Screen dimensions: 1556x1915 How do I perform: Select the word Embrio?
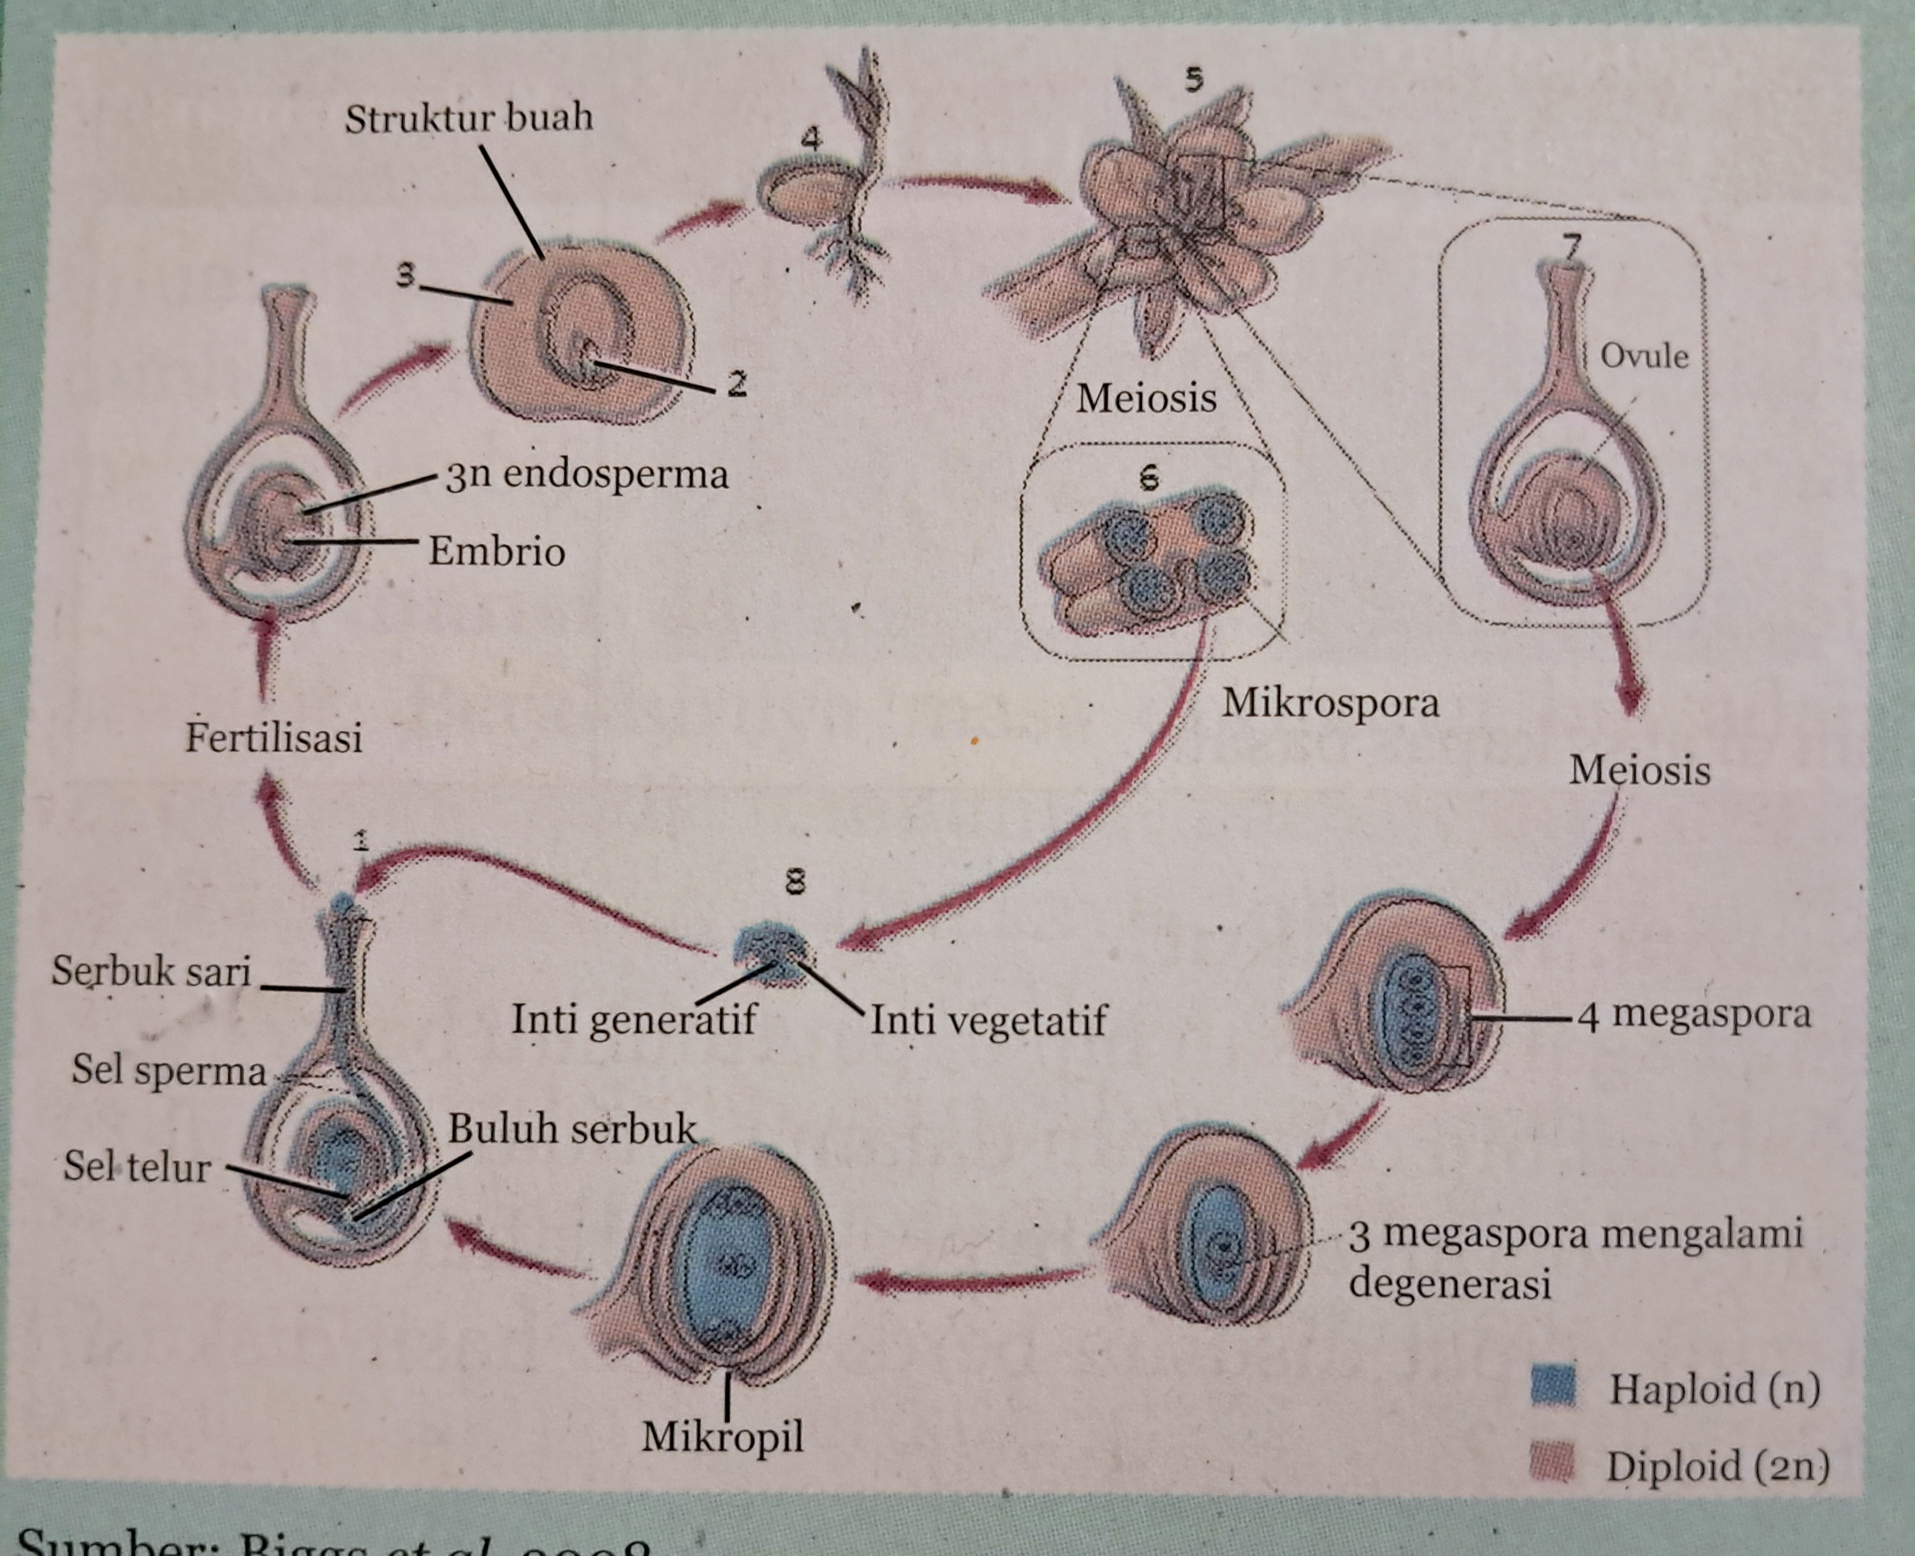[496, 550]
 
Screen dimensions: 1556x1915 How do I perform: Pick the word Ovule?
[1644, 357]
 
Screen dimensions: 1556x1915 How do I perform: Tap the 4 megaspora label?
[1694, 1015]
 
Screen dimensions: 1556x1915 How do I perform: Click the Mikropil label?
[723, 1437]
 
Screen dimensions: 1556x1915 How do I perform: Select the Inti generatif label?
[634, 1019]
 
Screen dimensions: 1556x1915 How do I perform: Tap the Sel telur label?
[137, 1167]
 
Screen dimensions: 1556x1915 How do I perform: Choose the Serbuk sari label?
[150, 971]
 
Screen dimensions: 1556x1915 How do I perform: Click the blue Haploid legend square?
[1553, 1385]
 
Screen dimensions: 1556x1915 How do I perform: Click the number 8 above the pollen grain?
[794, 883]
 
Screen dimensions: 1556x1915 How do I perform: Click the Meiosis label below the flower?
[1146, 397]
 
